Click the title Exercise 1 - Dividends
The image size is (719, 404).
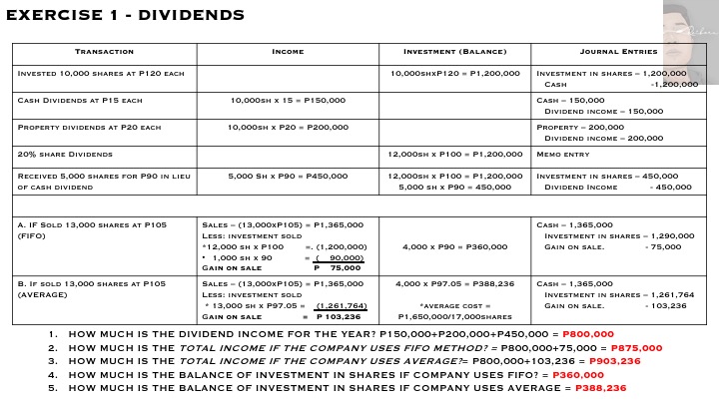(x=125, y=15)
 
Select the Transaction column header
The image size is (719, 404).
(x=104, y=52)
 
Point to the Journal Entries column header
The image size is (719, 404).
(x=618, y=52)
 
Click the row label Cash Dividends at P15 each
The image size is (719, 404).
(x=81, y=101)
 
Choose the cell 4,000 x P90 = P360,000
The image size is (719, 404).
(x=454, y=246)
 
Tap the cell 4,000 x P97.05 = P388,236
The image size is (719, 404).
(x=454, y=284)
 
